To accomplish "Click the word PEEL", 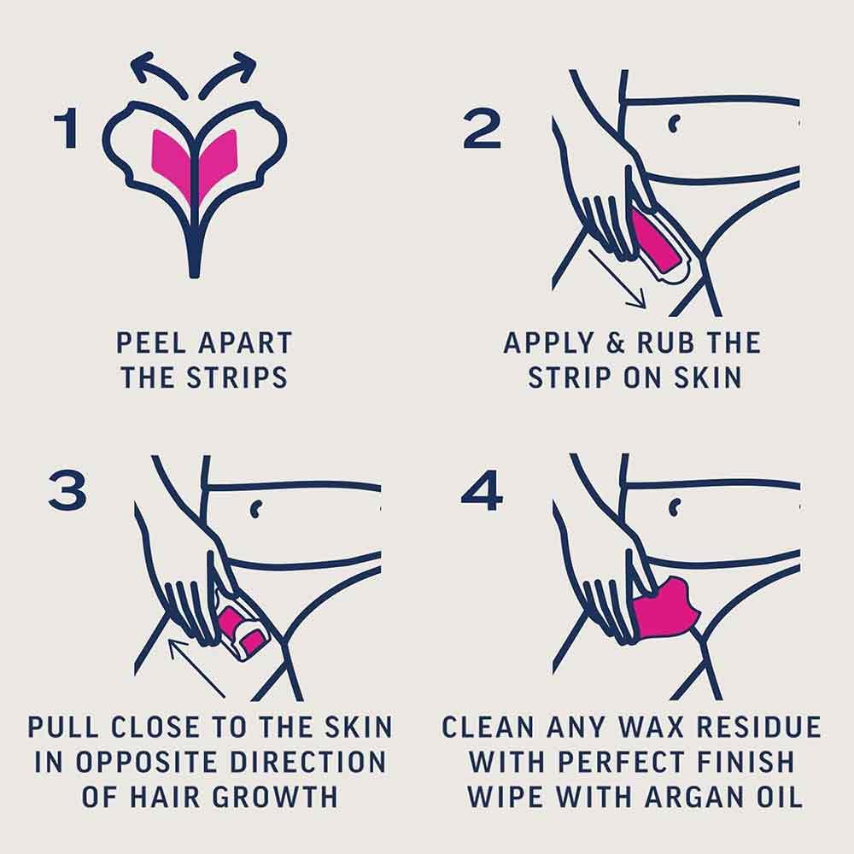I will [149, 343].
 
